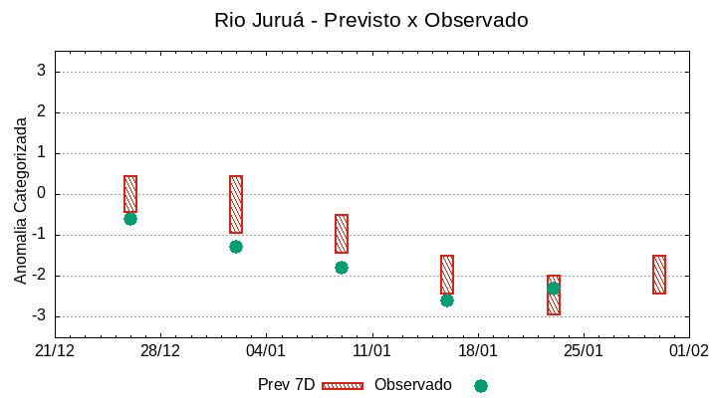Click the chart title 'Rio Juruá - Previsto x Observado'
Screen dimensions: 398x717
[x=370, y=20]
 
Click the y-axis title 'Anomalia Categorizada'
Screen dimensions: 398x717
[x=21, y=200]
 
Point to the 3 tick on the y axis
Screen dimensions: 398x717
[x=42, y=72]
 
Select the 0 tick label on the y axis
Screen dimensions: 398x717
[x=42, y=194]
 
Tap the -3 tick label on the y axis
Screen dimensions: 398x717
[x=38, y=316]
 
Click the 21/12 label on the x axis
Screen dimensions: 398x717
[x=55, y=351]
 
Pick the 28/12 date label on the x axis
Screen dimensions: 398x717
[x=160, y=351]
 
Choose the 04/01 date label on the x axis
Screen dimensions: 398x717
[x=266, y=351]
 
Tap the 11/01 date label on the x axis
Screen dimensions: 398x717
[x=371, y=351]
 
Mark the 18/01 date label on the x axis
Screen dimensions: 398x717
[x=477, y=351]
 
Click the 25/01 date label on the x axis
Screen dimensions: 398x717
[x=583, y=351]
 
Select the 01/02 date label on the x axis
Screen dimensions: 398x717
[x=688, y=351]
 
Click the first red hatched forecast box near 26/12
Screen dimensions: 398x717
[x=130, y=194]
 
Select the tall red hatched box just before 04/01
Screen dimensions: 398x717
[x=236, y=204]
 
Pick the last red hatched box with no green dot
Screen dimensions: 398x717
[x=659, y=275]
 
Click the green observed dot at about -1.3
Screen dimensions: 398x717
[x=236, y=247]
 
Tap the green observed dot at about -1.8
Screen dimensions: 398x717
[x=342, y=268]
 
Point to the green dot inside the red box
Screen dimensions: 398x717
[x=554, y=289]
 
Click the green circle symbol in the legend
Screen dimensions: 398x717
[x=481, y=386]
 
